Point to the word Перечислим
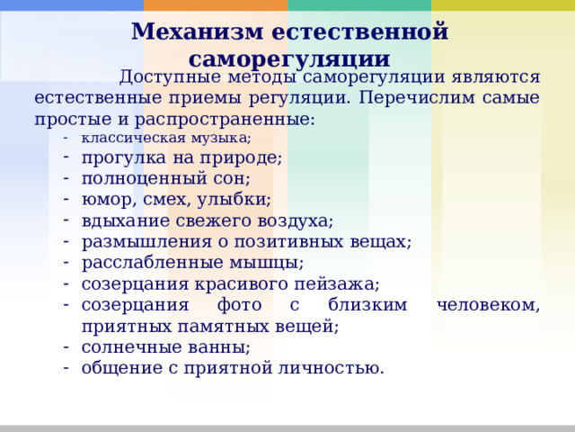pos(428,97)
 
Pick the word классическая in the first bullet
pos(123,138)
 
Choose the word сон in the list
pos(229,179)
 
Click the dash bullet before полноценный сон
pos(66,179)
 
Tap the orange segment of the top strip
pos(216,5)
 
